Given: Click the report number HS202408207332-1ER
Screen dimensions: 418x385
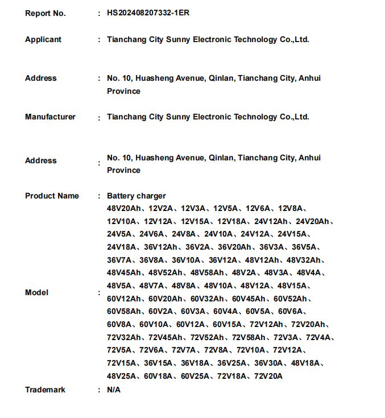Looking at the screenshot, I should tap(148, 13).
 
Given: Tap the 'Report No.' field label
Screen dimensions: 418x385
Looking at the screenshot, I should tap(45, 13).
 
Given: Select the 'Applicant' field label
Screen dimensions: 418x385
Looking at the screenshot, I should tap(43, 39).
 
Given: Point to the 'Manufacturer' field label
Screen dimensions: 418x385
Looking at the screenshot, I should tap(50, 117).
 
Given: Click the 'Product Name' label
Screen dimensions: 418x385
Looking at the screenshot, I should tap(52, 196).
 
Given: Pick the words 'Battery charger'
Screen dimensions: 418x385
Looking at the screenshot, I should tap(136, 196).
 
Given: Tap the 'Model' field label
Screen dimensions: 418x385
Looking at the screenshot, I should tap(36, 292).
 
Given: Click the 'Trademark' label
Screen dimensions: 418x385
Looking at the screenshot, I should tap(45, 390).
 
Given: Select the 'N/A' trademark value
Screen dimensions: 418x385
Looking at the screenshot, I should tap(114, 390).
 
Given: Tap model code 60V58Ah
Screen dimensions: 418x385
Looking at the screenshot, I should tap(125, 311).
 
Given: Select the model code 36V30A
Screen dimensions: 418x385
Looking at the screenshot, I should tap(268, 363).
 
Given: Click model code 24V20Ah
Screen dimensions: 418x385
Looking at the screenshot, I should tap(313, 221).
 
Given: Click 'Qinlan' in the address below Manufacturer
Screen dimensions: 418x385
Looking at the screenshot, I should tap(221, 157).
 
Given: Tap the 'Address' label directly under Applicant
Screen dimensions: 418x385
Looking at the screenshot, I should tap(41, 78).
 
